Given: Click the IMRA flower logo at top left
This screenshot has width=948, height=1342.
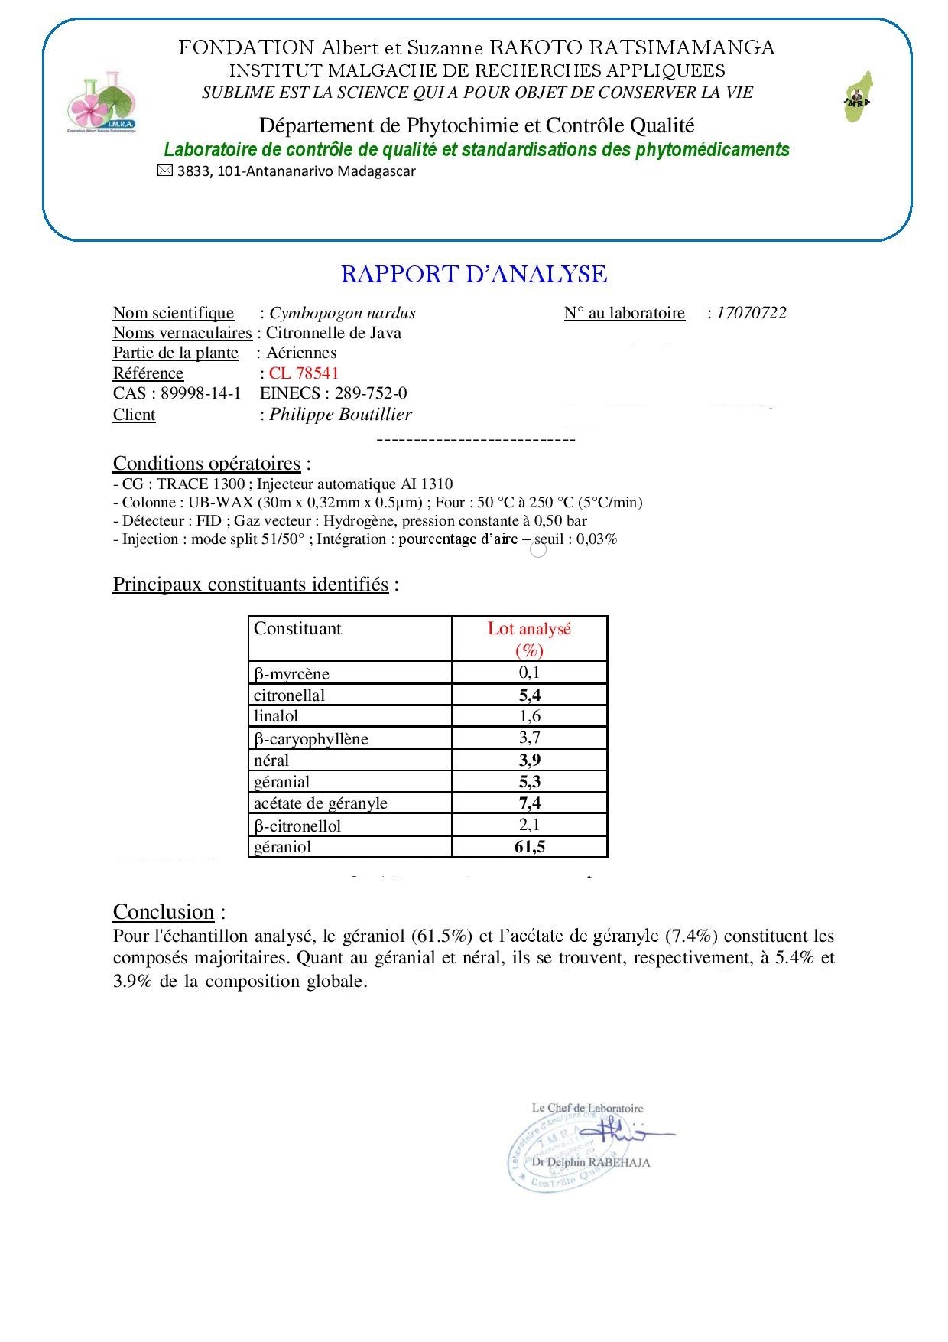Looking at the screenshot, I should [102, 105].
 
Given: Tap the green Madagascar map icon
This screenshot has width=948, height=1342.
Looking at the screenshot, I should [859, 97].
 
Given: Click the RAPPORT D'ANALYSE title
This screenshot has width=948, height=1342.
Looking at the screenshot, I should [474, 274].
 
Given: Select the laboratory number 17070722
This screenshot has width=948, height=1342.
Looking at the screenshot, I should [751, 313].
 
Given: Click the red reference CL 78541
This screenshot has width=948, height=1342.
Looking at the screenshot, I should [304, 373].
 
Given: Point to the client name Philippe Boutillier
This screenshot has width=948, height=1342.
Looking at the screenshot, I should [340, 415].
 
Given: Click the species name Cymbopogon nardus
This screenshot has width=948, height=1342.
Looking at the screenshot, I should [343, 313].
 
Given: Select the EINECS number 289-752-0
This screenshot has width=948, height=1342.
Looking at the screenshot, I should [371, 393].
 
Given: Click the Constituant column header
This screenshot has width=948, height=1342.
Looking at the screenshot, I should [297, 629].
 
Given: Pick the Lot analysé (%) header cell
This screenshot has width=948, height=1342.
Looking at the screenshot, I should [529, 639].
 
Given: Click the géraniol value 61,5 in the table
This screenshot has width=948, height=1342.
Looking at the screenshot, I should [529, 847].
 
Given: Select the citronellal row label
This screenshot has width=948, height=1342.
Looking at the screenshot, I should [289, 695].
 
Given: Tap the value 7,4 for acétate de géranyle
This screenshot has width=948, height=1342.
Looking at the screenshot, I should [529, 803].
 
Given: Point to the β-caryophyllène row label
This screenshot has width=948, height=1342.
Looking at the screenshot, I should [310, 739].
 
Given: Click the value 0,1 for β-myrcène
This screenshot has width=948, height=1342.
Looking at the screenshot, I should [529, 673].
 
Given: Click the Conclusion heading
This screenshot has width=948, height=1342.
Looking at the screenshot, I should [164, 912].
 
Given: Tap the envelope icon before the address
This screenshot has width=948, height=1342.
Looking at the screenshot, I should [164, 171].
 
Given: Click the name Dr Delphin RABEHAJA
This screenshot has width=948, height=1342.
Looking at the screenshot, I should [590, 1162].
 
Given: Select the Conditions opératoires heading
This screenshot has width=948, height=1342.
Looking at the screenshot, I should [206, 464].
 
